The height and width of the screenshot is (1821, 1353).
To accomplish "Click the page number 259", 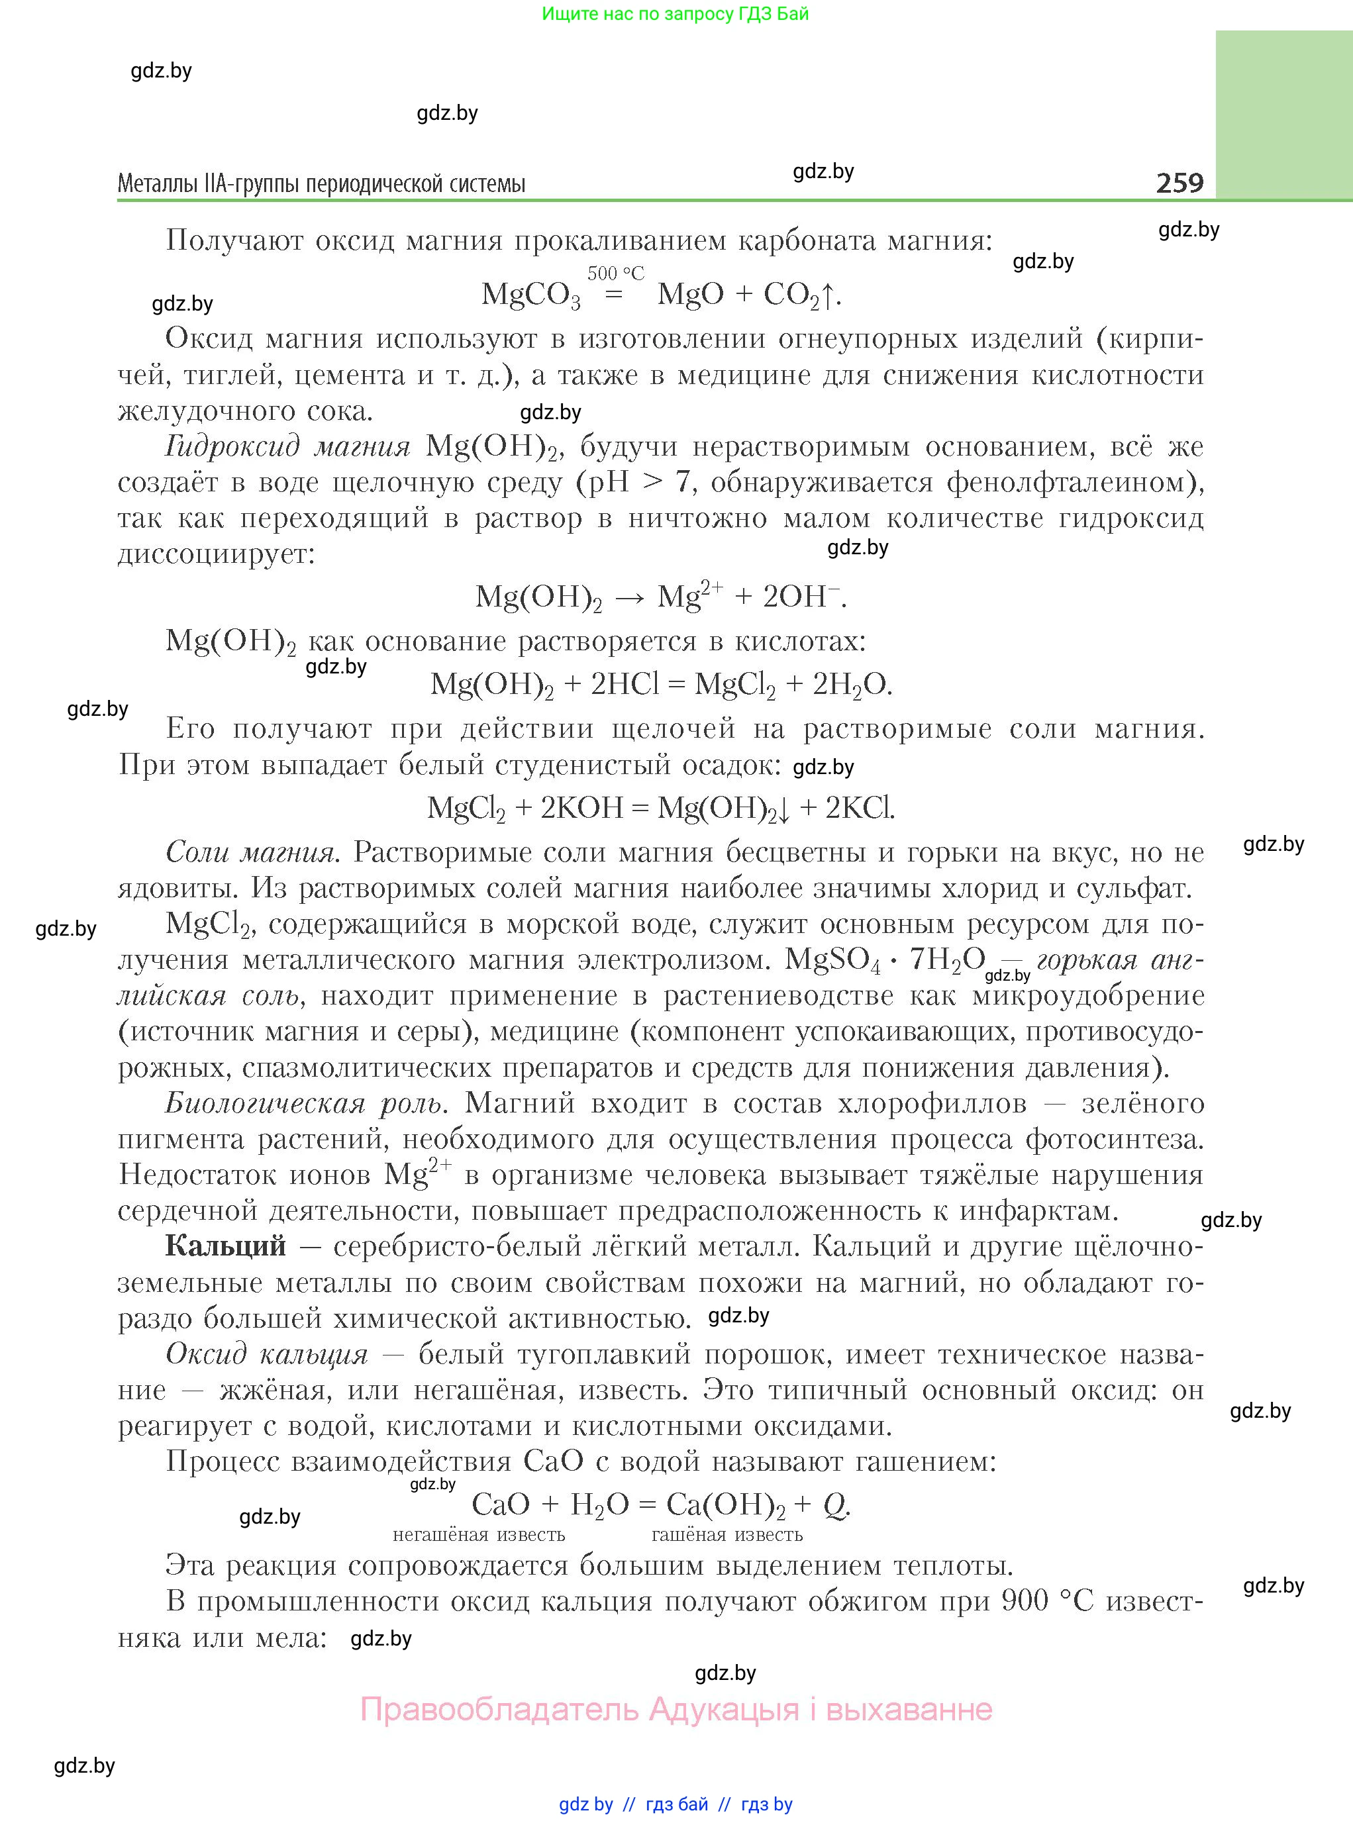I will (x=1179, y=182).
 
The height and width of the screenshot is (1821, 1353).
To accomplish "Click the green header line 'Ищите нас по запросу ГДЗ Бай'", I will (x=675, y=14).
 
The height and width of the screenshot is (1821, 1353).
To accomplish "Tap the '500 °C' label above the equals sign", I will (x=615, y=273).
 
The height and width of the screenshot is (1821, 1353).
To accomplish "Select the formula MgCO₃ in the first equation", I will (x=530, y=295).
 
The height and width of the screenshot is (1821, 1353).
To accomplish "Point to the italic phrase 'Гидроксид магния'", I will (x=287, y=446).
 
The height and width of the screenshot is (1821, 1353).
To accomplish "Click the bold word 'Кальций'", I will (x=225, y=1246).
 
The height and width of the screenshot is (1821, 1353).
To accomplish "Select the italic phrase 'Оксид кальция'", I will (x=266, y=1353).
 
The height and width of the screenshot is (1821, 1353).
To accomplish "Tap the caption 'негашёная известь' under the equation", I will (x=478, y=1534).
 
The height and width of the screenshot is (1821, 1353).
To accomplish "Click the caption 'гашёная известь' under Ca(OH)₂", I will (x=727, y=1534).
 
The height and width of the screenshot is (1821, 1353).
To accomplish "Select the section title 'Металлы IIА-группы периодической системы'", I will (x=321, y=183).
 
